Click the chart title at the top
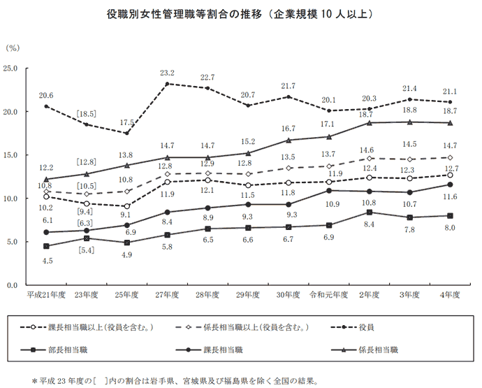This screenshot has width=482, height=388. (x=242, y=13)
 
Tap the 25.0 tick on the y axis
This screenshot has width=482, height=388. (x=17, y=68)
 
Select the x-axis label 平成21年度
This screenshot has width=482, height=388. (x=46, y=295)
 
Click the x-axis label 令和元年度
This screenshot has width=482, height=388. (x=329, y=295)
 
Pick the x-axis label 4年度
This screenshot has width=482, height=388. (x=451, y=295)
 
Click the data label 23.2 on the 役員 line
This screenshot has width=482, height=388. (x=167, y=73)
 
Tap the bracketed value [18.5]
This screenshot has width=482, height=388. (x=86, y=113)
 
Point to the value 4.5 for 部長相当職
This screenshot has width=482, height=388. (x=46, y=260)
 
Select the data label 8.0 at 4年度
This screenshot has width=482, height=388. (x=451, y=228)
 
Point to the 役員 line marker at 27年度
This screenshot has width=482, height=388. (x=167, y=84)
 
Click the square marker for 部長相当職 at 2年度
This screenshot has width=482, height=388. (x=370, y=212)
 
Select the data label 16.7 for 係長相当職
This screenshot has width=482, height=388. (x=289, y=129)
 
